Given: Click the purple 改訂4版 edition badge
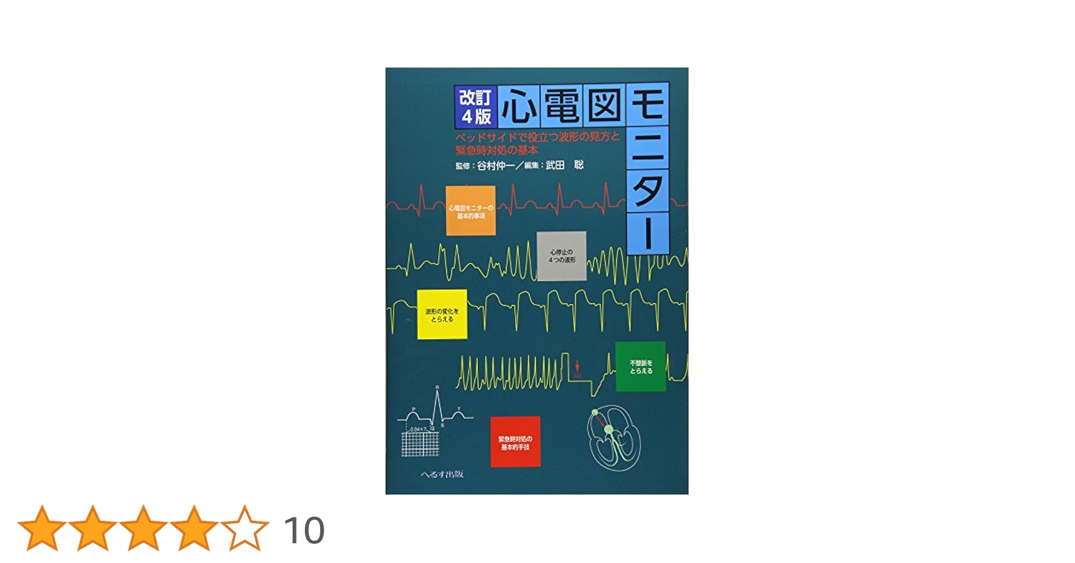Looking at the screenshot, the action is [x=476, y=106].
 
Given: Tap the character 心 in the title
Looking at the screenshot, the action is [x=518, y=106].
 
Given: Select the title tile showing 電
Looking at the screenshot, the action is [x=562, y=106].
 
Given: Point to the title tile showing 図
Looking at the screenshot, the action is [x=604, y=106].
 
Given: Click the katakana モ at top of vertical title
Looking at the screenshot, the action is [x=648, y=104].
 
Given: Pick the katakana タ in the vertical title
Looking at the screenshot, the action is [x=648, y=190].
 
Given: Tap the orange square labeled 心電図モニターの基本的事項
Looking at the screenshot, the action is [x=471, y=211].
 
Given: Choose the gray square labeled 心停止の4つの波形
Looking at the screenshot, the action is [x=561, y=256].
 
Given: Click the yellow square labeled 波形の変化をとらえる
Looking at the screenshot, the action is [x=442, y=315].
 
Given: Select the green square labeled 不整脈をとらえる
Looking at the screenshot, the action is [x=640, y=367].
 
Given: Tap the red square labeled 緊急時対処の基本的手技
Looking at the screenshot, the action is [x=515, y=442].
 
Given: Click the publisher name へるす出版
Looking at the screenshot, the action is [x=442, y=474].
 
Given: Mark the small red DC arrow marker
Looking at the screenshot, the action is [x=577, y=367].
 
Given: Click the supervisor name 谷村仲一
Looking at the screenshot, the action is [x=495, y=166].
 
